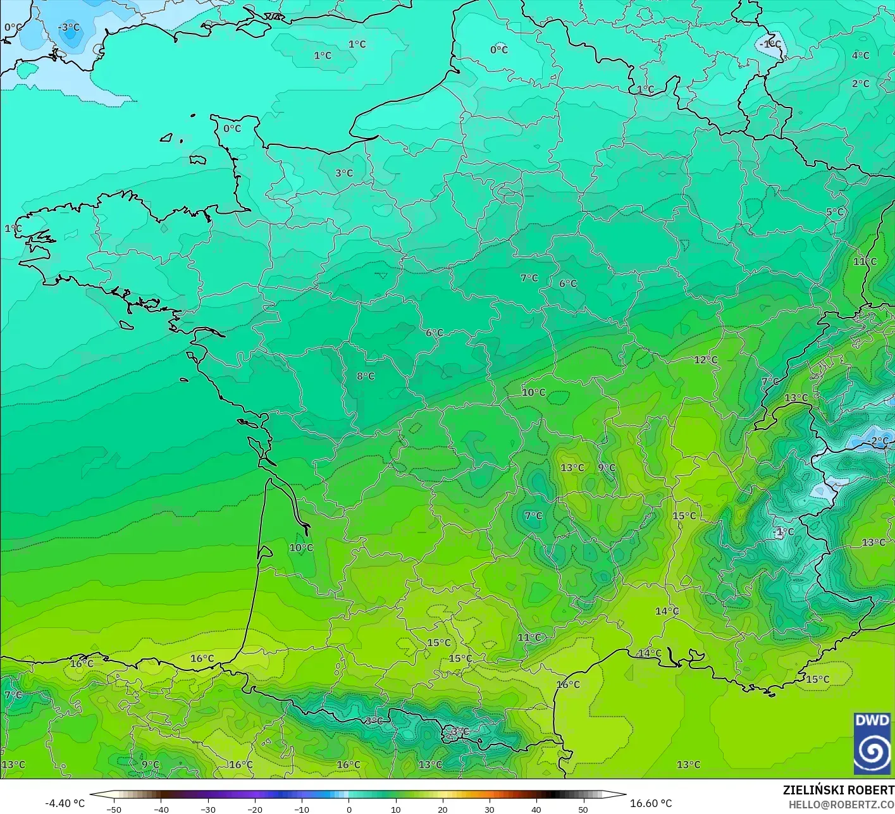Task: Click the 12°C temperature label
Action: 706,360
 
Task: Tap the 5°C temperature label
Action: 835,212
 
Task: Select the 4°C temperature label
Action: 860,56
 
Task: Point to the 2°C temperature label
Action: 860,83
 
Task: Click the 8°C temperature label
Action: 366,376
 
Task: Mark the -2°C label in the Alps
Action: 879,441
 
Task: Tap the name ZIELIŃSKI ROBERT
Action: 838,790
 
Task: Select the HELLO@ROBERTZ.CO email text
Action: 841,804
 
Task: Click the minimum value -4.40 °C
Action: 65,803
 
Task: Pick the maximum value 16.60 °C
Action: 651,803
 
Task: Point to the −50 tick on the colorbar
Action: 114,809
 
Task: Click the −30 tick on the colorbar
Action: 208,809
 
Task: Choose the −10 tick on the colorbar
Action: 302,809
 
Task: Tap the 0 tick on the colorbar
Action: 349,809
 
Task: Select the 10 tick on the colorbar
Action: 395,809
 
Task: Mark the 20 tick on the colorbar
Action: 442,809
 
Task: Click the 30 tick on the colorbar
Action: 489,809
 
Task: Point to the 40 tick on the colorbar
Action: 536,809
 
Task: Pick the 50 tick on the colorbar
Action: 583,809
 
